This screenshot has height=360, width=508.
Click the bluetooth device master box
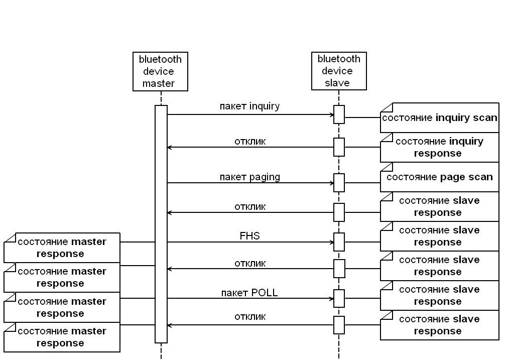160,71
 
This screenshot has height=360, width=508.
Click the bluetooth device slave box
339,71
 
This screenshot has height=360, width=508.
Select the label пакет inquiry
249,106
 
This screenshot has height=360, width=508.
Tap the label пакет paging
250,177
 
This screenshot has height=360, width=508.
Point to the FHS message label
250,235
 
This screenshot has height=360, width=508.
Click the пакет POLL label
249,293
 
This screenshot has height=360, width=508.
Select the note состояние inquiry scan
440,117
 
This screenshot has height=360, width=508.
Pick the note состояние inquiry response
440,148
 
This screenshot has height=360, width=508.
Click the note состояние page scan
440,177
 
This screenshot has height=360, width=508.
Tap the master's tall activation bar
161,224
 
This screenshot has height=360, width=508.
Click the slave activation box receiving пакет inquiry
339,114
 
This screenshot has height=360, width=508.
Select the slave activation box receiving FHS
339,242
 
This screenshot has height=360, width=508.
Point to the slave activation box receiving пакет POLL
339,298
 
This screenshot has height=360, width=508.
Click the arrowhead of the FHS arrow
332,242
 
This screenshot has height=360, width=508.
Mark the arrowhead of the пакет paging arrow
332,183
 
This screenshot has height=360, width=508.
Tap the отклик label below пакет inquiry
250,141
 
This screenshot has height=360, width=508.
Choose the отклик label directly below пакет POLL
250,317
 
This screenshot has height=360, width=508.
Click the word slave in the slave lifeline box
337,83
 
